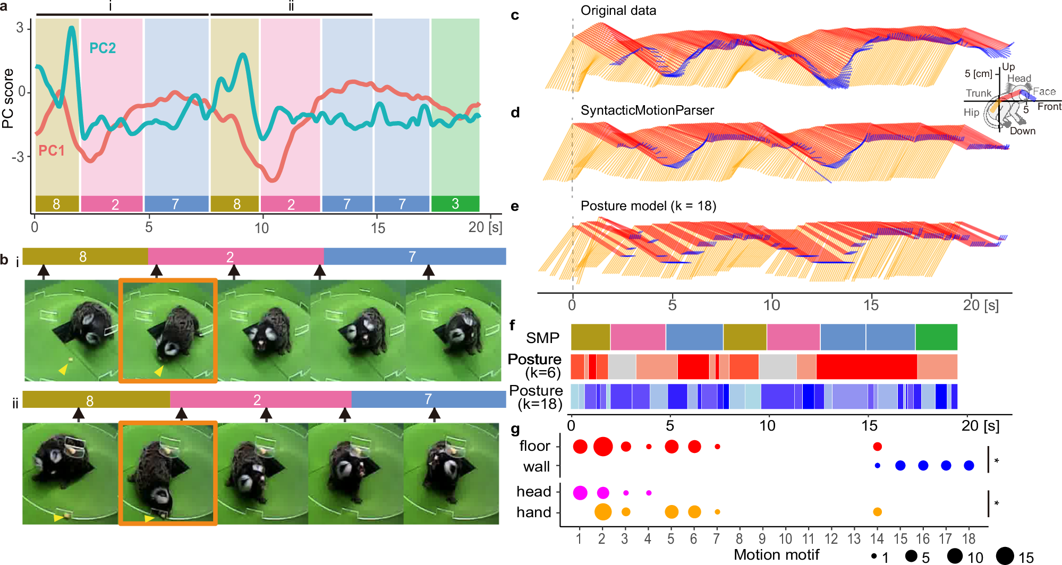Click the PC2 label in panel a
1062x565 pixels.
(x=102, y=48)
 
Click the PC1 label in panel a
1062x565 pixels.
(x=51, y=151)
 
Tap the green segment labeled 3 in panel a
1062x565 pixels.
(x=455, y=204)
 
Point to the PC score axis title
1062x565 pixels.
(x=8, y=98)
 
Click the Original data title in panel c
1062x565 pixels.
(x=618, y=11)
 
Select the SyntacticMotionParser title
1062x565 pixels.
(x=647, y=110)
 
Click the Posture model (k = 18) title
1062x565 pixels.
(x=648, y=206)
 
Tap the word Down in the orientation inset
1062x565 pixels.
(x=1022, y=131)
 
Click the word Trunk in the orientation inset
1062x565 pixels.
(x=978, y=93)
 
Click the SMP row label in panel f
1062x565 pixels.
(x=542, y=338)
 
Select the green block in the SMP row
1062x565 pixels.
(x=936, y=337)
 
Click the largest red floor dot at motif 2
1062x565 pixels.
(x=602, y=447)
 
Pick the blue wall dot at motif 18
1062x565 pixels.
(x=968, y=466)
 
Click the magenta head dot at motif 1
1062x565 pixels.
(x=580, y=493)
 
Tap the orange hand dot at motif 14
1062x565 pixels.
(x=877, y=512)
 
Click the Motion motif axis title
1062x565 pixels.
(x=776, y=555)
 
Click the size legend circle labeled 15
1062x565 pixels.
(x=1005, y=556)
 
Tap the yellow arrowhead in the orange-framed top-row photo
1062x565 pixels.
(x=158, y=371)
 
